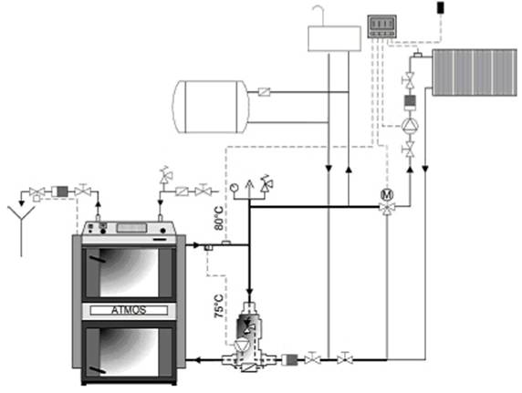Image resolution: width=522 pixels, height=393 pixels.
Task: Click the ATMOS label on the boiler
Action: point(129,310)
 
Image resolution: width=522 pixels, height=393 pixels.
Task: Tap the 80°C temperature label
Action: point(219,218)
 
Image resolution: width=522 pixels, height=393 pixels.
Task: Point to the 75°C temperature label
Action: point(219,305)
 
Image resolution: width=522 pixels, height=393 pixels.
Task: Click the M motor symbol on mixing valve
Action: point(387,194)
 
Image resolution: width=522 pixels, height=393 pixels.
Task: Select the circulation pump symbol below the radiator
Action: point(410,126)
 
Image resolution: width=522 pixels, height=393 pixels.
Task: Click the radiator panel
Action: point(475,73)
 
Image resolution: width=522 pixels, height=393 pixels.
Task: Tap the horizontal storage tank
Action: point(211,107)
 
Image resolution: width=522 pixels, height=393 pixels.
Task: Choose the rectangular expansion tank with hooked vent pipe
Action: point(334,38)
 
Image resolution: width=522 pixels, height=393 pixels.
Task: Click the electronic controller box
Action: point(381,26)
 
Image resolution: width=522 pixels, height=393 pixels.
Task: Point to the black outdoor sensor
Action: point(441,7)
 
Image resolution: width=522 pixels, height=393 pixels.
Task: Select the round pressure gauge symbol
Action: point(234,187)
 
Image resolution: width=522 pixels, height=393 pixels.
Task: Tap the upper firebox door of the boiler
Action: point(129,273)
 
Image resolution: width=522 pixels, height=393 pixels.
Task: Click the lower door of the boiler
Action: point(129,353)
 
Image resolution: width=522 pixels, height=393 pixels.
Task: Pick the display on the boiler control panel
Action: point(131,228)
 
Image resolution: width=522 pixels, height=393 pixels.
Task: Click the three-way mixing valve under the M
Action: point(387,208)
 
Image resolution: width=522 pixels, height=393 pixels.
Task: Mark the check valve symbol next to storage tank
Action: point(264,92)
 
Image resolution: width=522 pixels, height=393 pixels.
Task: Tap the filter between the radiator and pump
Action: point(410,102)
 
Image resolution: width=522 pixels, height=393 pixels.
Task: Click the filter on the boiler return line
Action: point(289,360)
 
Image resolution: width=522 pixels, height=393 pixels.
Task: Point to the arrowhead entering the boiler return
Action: point(197,360)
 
